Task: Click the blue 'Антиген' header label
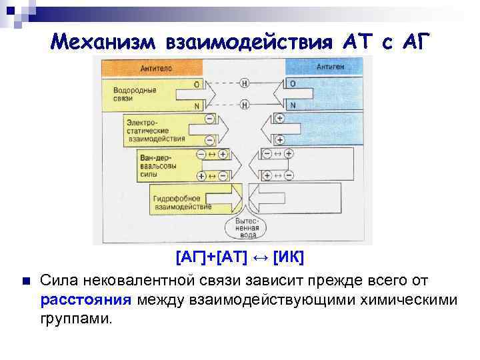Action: (330, 67)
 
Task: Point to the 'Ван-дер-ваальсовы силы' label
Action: (158, 163)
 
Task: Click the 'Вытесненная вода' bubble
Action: (245, 227)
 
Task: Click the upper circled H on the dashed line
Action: (245, 84)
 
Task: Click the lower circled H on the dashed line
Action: (245, 105)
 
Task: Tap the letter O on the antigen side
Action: (293, 84)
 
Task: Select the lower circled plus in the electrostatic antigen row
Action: (279, 140)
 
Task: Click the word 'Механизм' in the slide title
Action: (101, 43)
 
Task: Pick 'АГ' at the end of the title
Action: (417, 43)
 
